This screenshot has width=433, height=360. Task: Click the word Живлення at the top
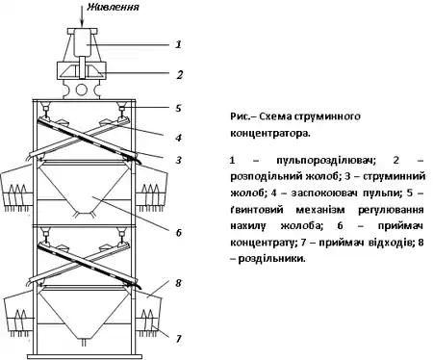click(x=113, y=7)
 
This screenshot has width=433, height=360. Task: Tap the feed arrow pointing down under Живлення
click(x=82, y=15)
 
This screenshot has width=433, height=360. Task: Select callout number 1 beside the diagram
click(x=178, y=44)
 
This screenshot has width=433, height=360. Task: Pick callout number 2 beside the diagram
click(x=179, y=75)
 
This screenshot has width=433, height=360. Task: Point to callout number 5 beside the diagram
click(x=178, y=108)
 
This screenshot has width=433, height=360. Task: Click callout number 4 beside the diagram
click(x=179, y=138)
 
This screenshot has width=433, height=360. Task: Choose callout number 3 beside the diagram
click(x=179, y=160)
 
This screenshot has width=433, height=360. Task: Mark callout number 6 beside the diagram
click(x=179, y=232)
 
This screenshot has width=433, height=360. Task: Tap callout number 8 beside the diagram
click(x=178, y=283)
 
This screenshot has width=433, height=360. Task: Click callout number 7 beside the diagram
click(x=179, y=339)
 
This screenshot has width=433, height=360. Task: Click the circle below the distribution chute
click(x=81, y=90)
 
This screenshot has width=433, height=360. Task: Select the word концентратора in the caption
click(x=270, y=133)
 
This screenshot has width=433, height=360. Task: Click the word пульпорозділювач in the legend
click(x=325, y=160)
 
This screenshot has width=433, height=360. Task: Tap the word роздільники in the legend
click(x=272, y=258)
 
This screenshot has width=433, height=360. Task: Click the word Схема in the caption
click(x=275, y=116)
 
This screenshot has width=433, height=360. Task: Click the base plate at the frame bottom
click(x=85, y=356)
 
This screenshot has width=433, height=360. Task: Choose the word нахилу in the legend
click(x=248, y=226)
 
